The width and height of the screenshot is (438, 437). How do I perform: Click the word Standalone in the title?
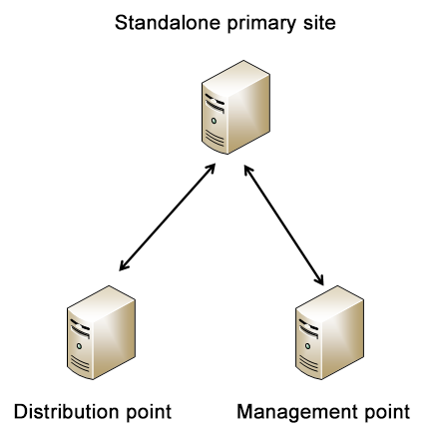168,23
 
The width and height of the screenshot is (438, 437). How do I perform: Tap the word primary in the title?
261,24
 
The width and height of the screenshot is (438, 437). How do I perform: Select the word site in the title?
319,23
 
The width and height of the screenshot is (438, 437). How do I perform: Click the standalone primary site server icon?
235,107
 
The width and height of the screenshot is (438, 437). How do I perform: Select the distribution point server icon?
101,332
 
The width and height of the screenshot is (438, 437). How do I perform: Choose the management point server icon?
329,332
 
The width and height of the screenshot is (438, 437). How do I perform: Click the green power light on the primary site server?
214,121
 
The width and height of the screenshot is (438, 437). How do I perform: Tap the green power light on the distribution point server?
79,346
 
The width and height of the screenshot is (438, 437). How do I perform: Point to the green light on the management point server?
307,346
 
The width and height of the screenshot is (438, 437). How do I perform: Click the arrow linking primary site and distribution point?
168,217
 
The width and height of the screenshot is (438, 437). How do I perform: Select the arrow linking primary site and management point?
283,224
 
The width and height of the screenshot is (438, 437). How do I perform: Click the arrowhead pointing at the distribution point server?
124,265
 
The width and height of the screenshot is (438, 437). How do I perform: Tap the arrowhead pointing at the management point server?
319,279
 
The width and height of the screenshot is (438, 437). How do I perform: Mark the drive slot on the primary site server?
215,103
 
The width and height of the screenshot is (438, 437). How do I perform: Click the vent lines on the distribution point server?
80,363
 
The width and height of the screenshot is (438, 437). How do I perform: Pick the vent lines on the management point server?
308,363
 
